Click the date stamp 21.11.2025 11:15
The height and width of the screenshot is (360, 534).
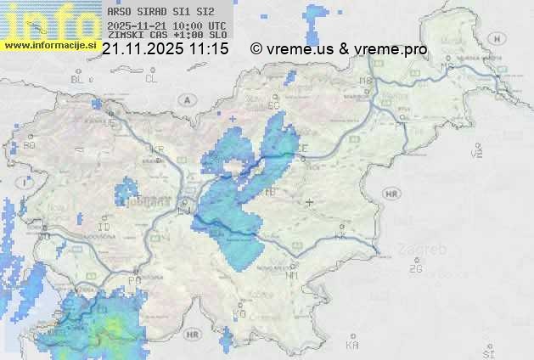point(165,49)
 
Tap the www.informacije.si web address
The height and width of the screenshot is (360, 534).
point(50,45)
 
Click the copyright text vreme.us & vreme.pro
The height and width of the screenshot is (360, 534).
point(339,49)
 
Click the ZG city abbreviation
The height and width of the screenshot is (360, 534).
point(415,269)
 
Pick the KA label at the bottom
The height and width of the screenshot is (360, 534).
point(352,346)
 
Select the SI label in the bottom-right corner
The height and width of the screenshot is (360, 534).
point(488,352)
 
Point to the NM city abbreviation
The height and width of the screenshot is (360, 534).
point(293,275)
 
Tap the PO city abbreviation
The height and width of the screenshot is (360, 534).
point(134,280)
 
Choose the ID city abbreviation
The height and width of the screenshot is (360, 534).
point(104,228)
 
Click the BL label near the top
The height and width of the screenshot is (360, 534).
point(77,79)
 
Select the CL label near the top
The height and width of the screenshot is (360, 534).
point(151,79)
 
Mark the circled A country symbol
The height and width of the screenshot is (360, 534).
point(186,99)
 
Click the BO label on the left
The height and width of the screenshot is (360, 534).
point(30,145)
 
